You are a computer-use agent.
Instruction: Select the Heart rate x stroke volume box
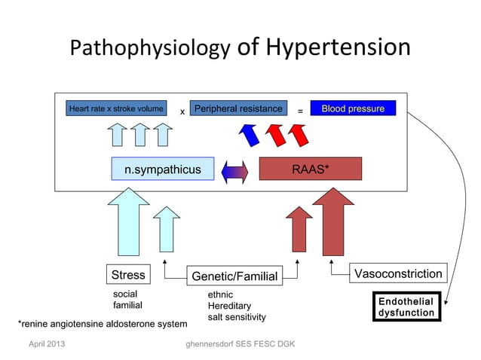coord(116,109)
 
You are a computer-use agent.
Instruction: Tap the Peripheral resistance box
coord(238,109)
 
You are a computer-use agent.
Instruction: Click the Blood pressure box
coord(353,109)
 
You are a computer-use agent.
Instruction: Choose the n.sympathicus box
coord(163,169)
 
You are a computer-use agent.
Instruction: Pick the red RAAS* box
coord(311,169)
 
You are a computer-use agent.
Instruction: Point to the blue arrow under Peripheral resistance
coord(248,135)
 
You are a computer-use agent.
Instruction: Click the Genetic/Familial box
coord(235,276)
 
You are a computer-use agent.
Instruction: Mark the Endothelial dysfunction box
coord(406,307)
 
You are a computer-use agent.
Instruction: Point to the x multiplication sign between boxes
coord(182,112)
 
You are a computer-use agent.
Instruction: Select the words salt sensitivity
coord(237,317)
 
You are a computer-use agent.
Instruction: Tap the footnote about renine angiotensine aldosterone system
coord(103,324)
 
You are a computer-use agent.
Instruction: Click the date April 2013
coord(46,345)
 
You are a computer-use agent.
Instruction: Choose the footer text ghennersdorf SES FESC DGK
coord(234,345)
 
